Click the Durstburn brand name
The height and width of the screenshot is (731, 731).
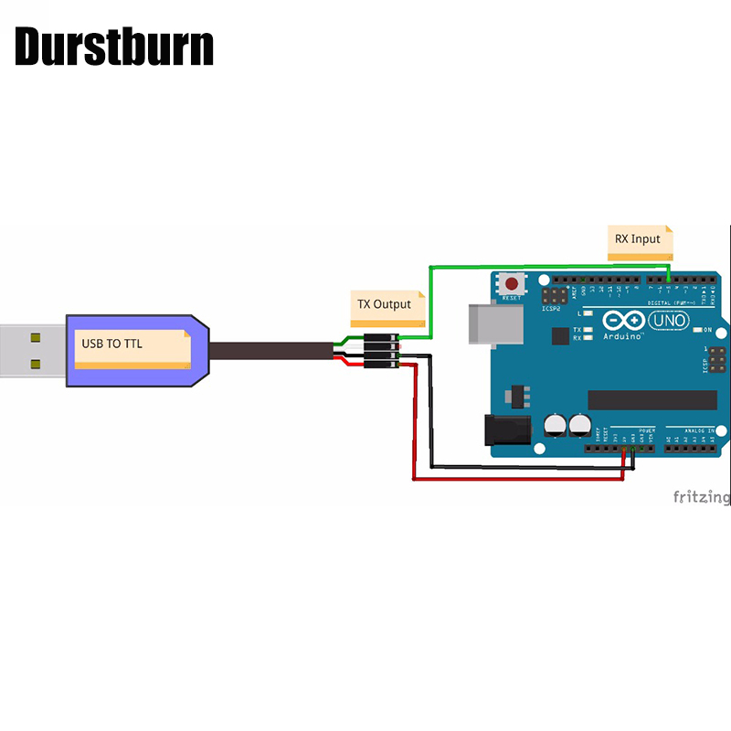[114, 48]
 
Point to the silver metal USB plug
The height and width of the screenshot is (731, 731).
[32, 351]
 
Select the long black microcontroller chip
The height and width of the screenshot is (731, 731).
[652, 400]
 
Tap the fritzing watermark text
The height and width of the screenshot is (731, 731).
[702, 497]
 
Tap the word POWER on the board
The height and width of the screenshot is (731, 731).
[647, 429]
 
